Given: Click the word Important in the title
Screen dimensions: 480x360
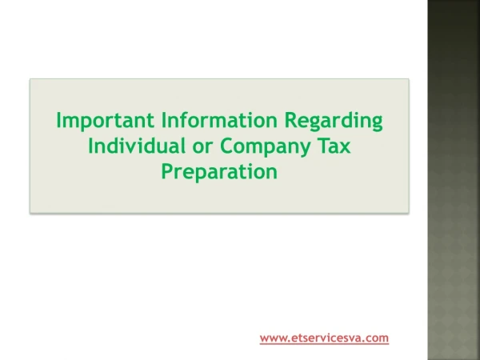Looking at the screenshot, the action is (105, 121).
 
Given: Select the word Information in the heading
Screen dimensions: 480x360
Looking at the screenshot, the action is (219, 120).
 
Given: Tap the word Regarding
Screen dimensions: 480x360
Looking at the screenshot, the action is (334, 121).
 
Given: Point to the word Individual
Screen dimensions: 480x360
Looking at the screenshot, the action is (137, 146).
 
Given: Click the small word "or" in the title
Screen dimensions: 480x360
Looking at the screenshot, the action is (202, 147).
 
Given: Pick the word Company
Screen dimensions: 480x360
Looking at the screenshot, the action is (265, 147).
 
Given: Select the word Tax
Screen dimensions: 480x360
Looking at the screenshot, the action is (334, 146).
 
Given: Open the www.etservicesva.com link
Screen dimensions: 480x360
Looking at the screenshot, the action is (324, 338).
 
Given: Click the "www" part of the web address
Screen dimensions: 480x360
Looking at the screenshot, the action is (273, 339).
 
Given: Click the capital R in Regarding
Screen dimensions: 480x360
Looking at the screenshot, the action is (291, 120).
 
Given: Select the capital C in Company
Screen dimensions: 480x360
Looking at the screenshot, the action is (227, 146).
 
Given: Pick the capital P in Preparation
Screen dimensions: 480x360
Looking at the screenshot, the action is (167, 171).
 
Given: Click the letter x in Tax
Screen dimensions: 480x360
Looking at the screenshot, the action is (346, 148).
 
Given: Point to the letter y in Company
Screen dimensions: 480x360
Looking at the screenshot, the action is (305, 150).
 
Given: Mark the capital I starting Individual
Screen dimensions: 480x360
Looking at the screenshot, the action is (90, 146).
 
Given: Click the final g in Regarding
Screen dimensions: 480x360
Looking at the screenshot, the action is (377, 123).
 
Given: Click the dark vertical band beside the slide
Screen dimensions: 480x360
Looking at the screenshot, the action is (454, 180).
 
